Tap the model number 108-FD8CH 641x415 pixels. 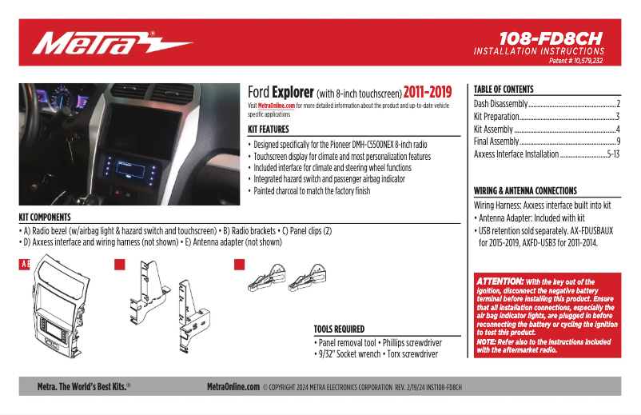click(x=551, y=39)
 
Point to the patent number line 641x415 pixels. click(x=575, y=61)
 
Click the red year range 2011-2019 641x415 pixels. click(x=428, y=93)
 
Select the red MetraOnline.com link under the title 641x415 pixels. click(x=277, y=106)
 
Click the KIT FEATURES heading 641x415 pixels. click(x=269, y=130)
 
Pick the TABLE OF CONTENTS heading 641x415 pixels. click(x=504, y=89)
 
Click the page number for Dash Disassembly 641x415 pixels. click(x=618, y=104)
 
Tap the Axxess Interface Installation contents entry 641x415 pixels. click(x=547, y=154)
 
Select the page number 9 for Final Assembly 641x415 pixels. click(x=619, y=142)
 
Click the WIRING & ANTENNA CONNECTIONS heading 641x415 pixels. click(x=525, y=190)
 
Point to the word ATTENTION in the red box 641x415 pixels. click(x=500, y=281)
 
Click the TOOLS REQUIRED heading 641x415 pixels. click(x=339, y=329)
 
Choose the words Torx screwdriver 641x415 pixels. click(x=412, y=354)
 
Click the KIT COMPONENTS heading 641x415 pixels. click(x=45, y=217)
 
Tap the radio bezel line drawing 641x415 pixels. click(x=62, y=306)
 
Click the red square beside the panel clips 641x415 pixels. click(x=240, y=265)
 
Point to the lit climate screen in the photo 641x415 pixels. click(x=131, y=169)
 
